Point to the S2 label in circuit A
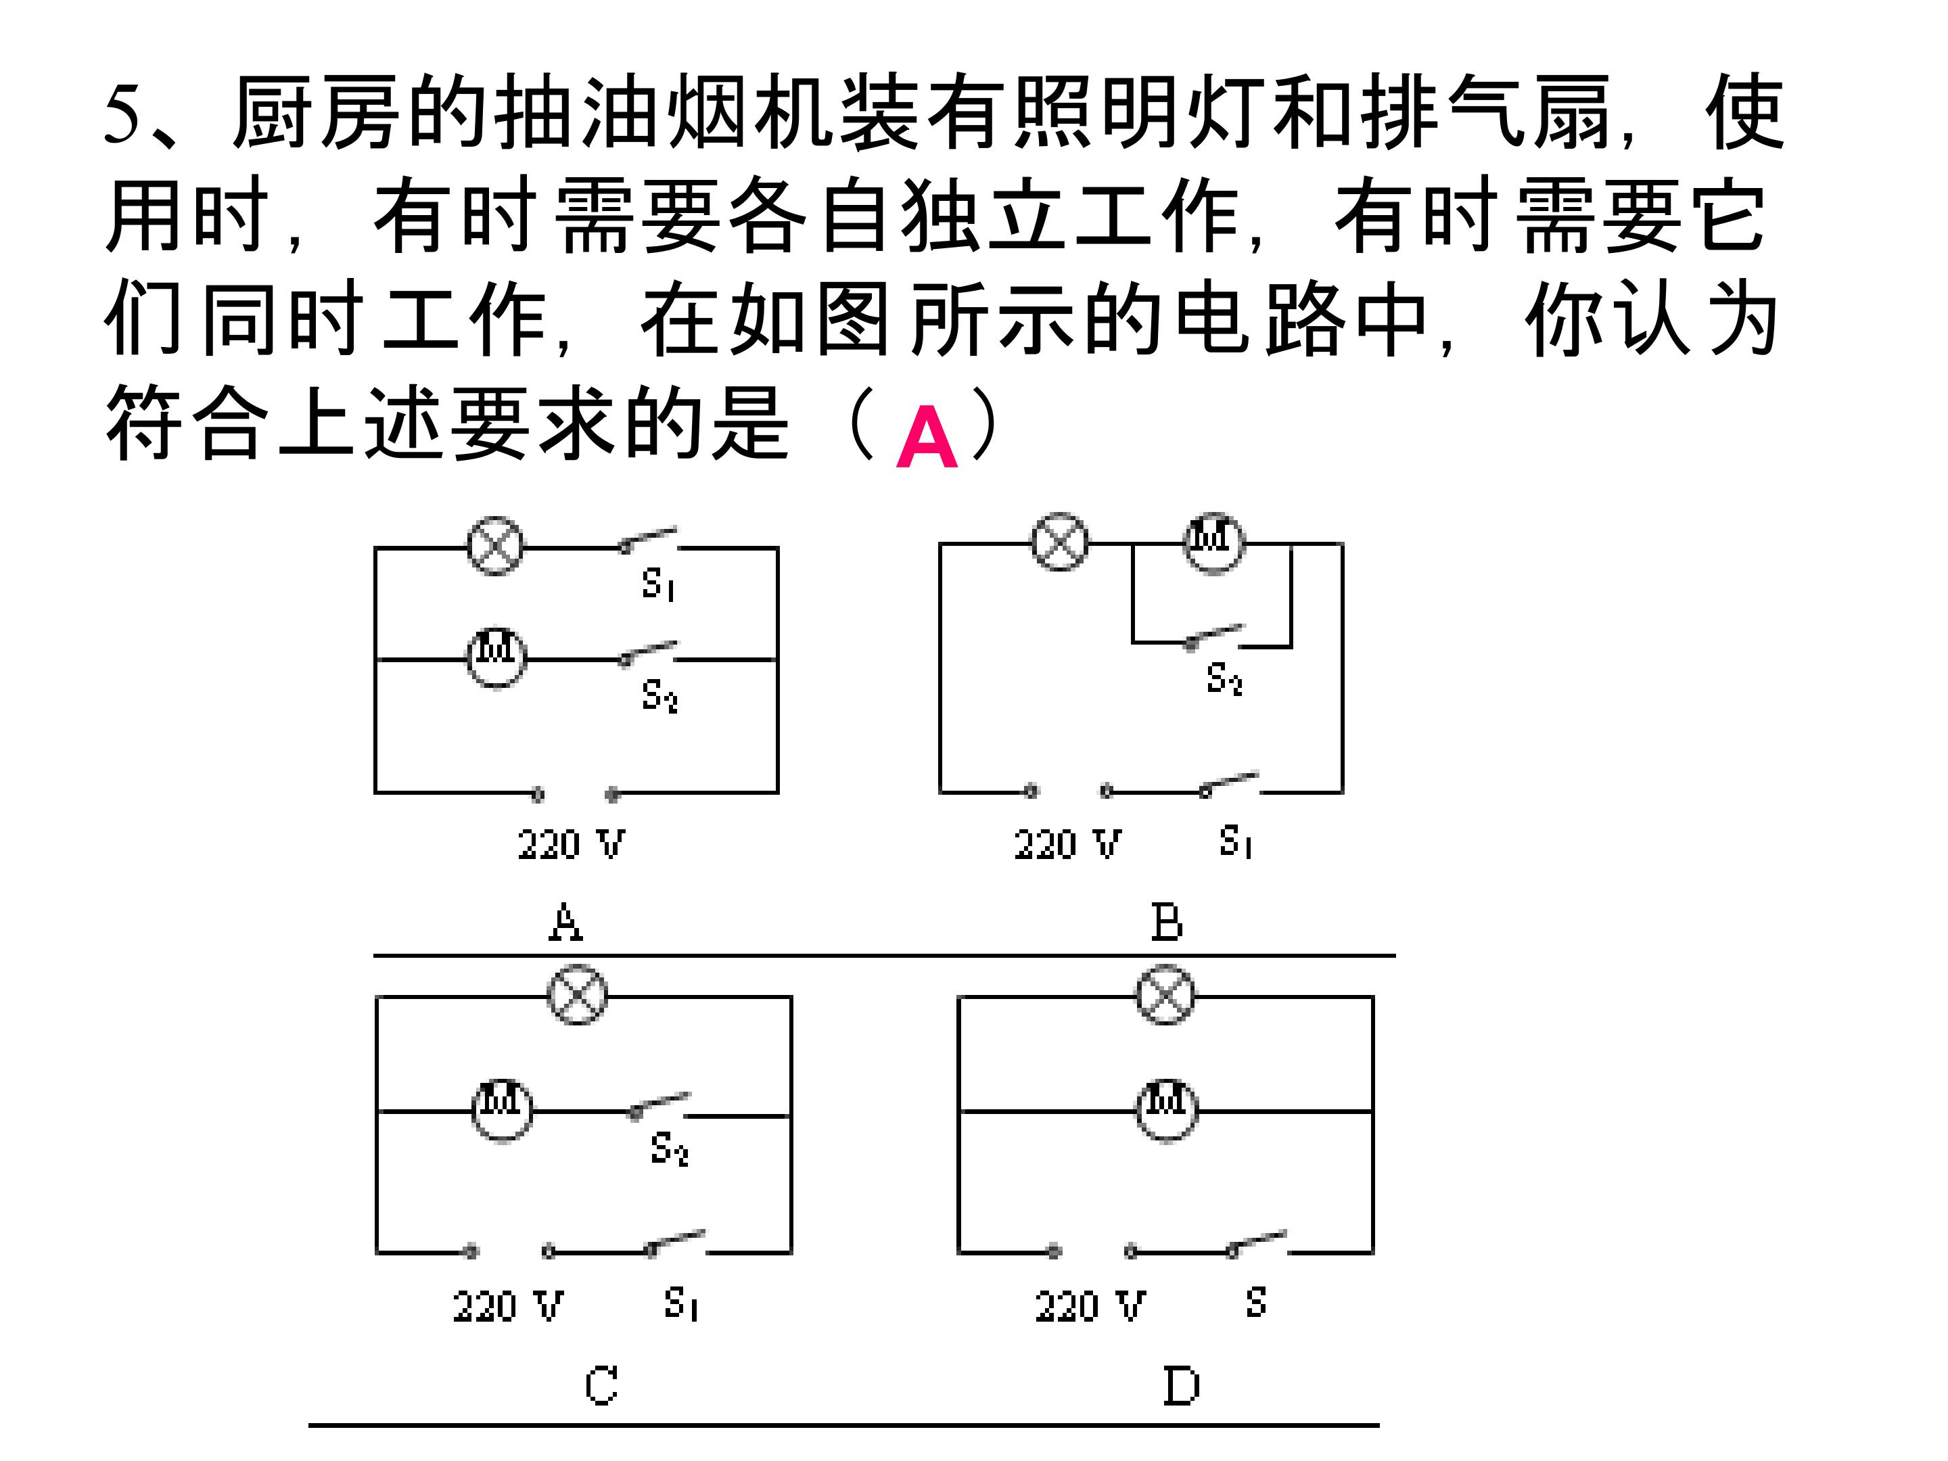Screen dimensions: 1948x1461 tap(659, 695)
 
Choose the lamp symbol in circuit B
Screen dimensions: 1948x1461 tap(1059, 542)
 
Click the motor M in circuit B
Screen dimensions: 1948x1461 tap(1213, 542)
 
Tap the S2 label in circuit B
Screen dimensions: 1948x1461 tap(1225, 679)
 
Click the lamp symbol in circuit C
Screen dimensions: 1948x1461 tap(578, 995)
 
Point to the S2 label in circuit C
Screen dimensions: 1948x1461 tap(670, 1149)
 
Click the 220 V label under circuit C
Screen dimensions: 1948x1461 tap(508, 1305)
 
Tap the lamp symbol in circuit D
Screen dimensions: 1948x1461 tap(1166, 995)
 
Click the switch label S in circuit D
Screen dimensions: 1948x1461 tap(1257, 1301)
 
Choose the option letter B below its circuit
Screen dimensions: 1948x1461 tap(1167, 923)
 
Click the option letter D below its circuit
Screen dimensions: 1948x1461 tap(1181, 1385)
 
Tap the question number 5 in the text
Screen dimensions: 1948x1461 tap(122, 114)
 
